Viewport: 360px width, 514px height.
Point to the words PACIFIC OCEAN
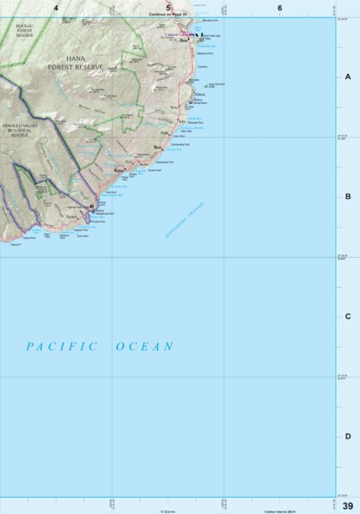pyautogui.click(x=100, y=346)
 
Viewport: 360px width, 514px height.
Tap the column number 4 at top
pyautogui.click(x=56, y=8)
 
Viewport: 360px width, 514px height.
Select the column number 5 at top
pyautogui.click(x=168, y=8)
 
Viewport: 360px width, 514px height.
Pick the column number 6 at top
pyautogui.click(x=279, y=8)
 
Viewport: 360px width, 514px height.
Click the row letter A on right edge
pyautogui.click(x=348, y=76)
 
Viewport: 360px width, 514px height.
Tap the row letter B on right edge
pyautogui.click(x=348, y=196)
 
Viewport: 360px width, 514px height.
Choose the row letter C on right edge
pyautogui.click(x=348, y=315)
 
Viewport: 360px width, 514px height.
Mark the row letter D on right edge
pyautogui.click(x=348, y=436)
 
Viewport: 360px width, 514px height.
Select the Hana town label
pyautogui.click(x=183, y=40)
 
